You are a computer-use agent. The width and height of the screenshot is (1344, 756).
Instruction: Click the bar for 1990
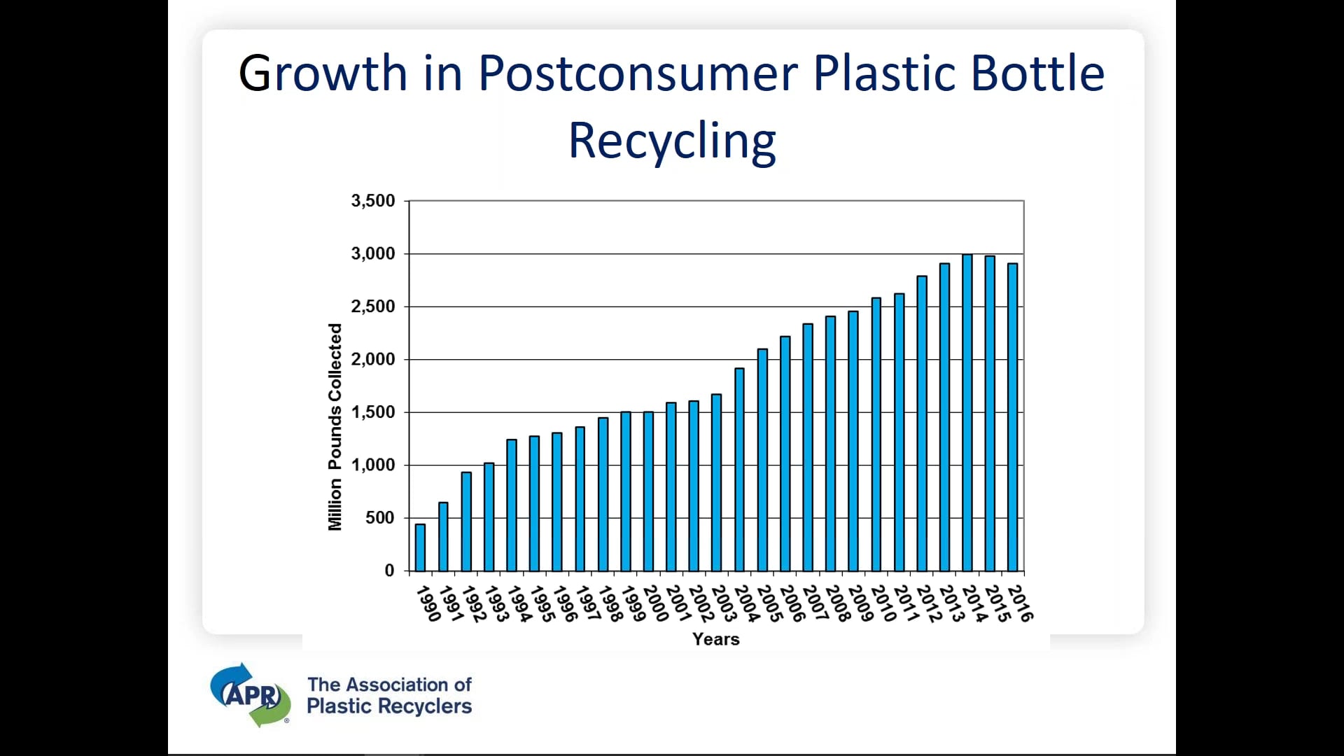click(x=420, y=547)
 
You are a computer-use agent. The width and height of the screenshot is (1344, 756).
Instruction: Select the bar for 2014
click(x=967, y=413)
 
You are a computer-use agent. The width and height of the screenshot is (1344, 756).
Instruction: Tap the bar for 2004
click(x=739, y=469)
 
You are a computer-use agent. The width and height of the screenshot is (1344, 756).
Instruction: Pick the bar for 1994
click(x=512, y=505)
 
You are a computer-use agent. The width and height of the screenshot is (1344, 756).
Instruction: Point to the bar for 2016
click(x=1012, y=417)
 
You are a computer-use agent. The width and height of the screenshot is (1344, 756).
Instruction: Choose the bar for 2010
click(x=876, y=434)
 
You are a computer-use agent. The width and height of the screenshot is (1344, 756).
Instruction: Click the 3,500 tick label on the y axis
click(x=373, y=201)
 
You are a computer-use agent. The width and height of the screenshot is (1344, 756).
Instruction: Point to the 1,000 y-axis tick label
click(x=373, y=465)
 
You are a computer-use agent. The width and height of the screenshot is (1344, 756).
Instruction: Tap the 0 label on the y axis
click(x=389, y=570)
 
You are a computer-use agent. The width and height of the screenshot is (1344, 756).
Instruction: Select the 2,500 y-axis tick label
click(x=373, y=307)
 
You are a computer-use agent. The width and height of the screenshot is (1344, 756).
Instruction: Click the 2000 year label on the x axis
click(x=656, y=603)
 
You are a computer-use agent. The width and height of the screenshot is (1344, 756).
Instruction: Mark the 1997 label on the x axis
click(x=588, y=603)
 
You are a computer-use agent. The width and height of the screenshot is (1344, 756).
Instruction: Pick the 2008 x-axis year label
click(x=837, y=603)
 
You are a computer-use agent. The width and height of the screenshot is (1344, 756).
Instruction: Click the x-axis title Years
click(x=715, y=639)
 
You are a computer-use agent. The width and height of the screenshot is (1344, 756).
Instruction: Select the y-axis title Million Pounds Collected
click(x=335, y=427)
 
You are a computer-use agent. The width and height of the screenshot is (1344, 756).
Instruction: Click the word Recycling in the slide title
click(x=672, y=141)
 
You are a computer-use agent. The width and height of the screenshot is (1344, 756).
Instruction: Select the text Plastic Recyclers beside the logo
click(x=389, y=706)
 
